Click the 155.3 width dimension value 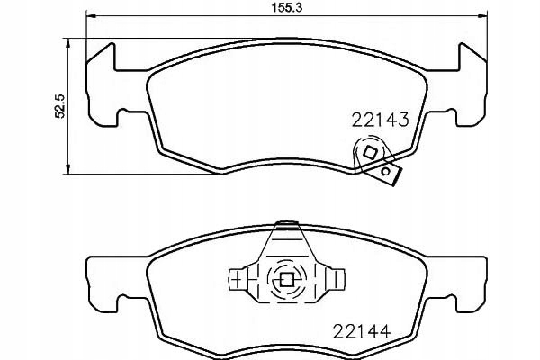(x=287, y=7)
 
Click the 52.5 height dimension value (x=59, y=106)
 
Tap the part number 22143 (x=380, y=120)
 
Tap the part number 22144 (x=362, y=331)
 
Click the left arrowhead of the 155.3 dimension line (x=90, y=15)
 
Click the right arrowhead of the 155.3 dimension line (x=482, y=15)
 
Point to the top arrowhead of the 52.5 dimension (x=67, y=42)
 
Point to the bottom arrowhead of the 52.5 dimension (x=67, y=169)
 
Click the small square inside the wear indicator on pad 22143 (x=370, y=152)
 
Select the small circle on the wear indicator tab (x=386, y=171)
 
